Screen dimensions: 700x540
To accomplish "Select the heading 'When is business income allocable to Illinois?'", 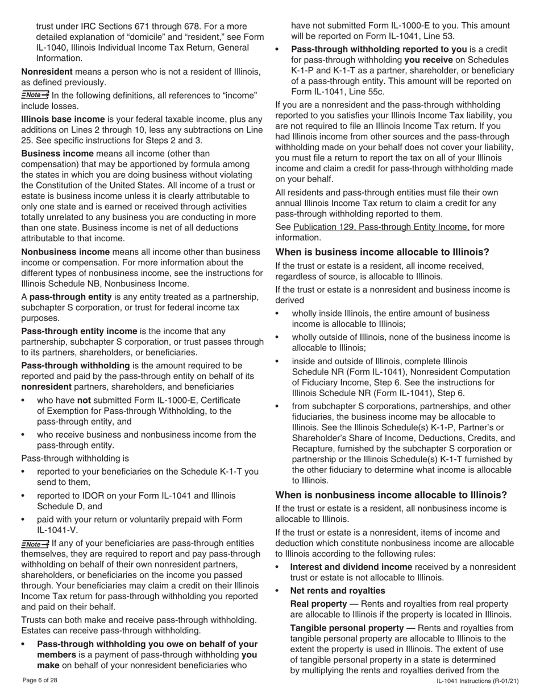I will pyautogui.click(x=382, y=252).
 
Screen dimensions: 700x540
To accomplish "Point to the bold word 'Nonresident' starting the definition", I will pyautogui.click(x=47, y=72).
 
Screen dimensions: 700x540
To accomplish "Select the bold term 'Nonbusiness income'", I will pyautogui.click(x=65, y=252).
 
